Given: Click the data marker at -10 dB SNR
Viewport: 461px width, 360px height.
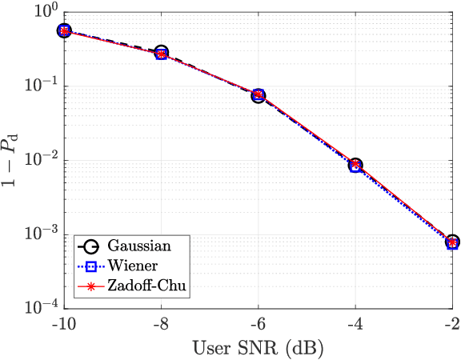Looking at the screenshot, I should pyautogui.click(x=65, y=30).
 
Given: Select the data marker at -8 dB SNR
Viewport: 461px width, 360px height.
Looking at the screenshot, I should pyautogui.click(x=162, y=54).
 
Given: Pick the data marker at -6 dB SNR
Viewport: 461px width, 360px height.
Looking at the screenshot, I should pyautogui.click(x=259, y=95).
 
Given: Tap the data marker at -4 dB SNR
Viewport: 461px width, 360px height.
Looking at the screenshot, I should pyautogui.click(x=355, y=165).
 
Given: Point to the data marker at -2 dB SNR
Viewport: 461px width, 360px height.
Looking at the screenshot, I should pyautogui.click(x=452, y=242).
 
